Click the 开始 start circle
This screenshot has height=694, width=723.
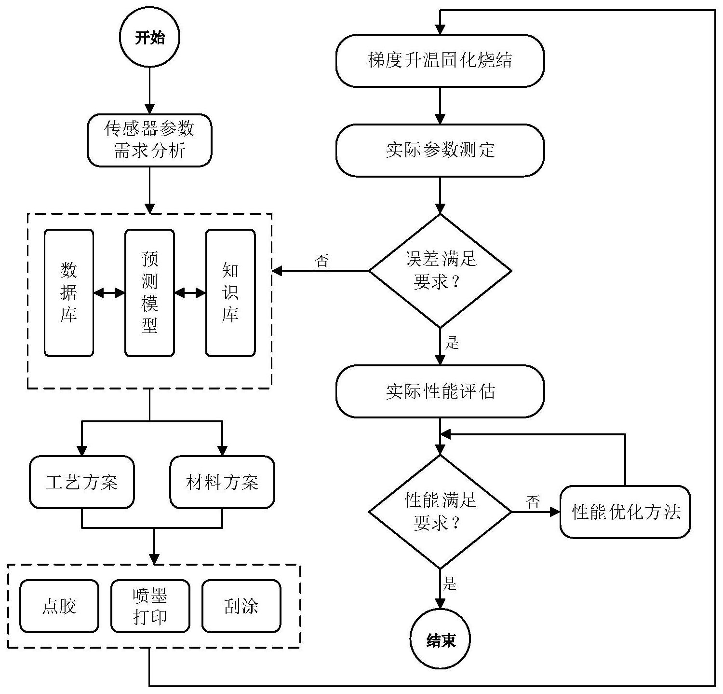pyautogui.click(x=149, y=38)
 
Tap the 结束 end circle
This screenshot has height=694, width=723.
pyautogui.click(x=440, y=640)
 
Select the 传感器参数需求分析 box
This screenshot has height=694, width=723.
pyautogui.click(x=149, y=140)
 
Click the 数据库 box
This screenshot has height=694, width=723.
pyautogui.click(x=68, y=293)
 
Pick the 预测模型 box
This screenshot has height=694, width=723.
pyautogui.click(x=149, y=293)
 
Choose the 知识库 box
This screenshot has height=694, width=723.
pyautogui.click(x=230, y=293)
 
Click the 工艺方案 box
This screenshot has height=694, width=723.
pyautogui.click(x=82, y=482)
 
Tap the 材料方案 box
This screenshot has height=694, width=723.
pyautogui.click(x=222, y=482)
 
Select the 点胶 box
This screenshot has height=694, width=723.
pyautogui.click(x=59, y=606)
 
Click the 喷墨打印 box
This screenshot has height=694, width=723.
pyautogui.click(x=150, y=606)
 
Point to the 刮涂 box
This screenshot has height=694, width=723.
pyautogui.click(x=241, y=606)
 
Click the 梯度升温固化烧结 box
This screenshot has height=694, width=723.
pyautogui.click(x=440, y=61)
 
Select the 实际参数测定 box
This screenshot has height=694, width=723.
pyautogui.click(x=440, y=150)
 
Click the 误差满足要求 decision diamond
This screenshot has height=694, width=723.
pyautogui.click(x=440, y=271)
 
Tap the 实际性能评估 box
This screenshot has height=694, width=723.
pyautogui.click(x=440, y=391)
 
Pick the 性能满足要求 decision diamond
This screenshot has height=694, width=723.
pyautogui.click(x=440, y=512)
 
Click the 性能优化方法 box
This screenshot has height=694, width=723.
pyautogui.click(x=625, y=512)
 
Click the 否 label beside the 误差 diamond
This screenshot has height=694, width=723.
pyautogui.click(x=322, y=261)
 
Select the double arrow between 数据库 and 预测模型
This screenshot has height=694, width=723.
pyautogui.click(x=109, y=293)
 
